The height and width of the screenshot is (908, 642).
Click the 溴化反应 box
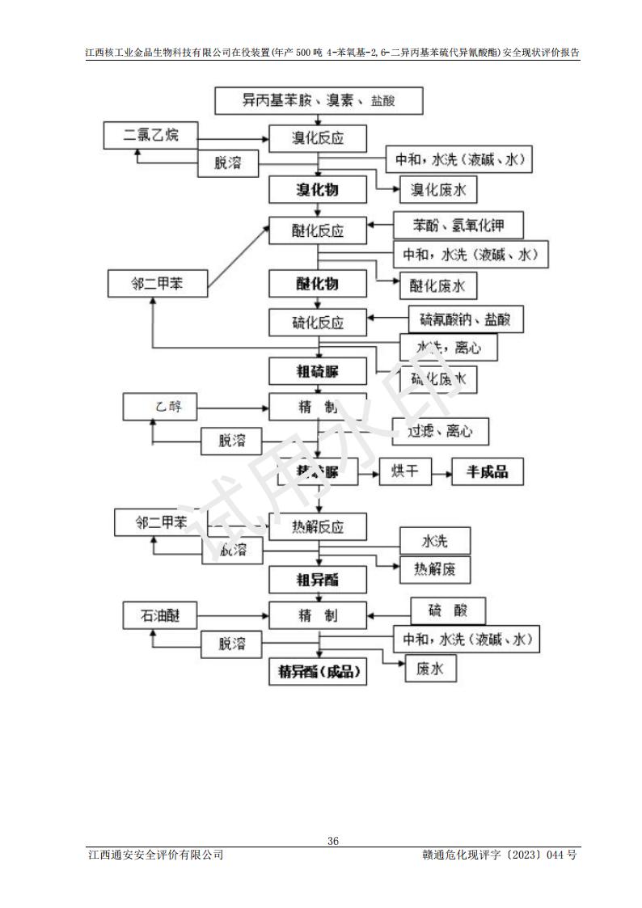click(318, 137)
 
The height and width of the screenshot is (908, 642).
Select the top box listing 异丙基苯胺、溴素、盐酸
click(319, 101)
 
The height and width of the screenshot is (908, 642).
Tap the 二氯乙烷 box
click(150, 135)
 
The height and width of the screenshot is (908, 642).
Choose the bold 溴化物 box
click(318, 190)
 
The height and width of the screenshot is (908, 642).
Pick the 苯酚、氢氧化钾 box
click(458, 224)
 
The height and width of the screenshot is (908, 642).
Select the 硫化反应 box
click(318, 323)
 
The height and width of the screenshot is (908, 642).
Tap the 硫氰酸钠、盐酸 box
click(460, 319)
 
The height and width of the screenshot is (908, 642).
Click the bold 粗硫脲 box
click(318, 371)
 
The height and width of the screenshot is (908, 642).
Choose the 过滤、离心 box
click(441, 432)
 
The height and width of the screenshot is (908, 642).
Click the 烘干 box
click(405, 471)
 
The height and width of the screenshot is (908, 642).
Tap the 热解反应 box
click(318, 526)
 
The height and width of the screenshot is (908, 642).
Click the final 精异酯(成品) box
click(318, 671)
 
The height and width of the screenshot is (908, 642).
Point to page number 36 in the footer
click(332, 841)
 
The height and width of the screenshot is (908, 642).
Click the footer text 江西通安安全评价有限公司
click(155, 855)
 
